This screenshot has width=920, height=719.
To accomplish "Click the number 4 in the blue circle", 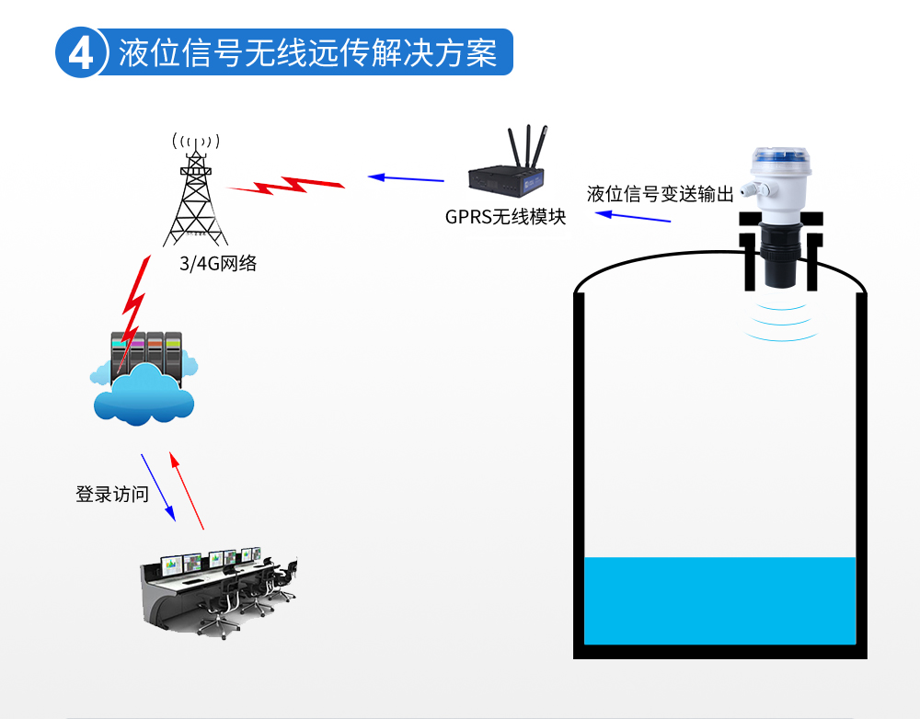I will tap(81, 54).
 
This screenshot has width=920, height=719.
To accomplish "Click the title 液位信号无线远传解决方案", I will tap(307, 53).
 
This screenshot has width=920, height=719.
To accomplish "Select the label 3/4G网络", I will tap(218, 264).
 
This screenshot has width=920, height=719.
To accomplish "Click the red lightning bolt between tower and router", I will tap(285, 185).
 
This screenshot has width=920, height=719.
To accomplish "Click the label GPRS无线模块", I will tap(505, 217).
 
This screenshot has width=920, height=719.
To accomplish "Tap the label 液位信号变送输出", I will tap(660, 194).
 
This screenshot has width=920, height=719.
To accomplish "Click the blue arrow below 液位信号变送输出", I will tap(632, 217).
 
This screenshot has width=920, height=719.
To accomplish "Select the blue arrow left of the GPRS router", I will tap(406, 177).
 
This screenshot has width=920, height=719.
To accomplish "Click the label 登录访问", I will tap(112, 494).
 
